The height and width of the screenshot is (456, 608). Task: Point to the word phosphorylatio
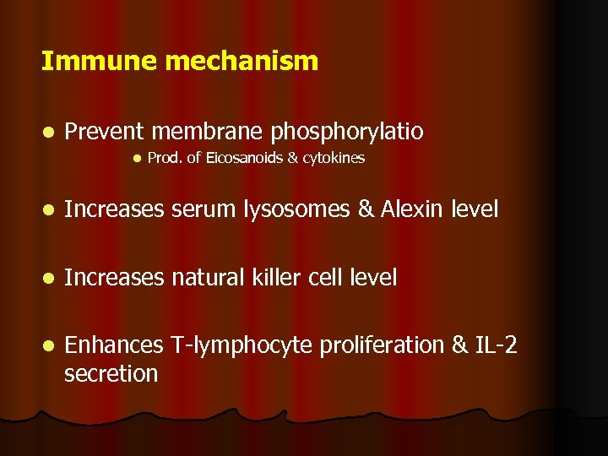point(347,133)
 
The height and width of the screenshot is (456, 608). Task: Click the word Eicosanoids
point(240,158)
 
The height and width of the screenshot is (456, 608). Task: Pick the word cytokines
point(334,159)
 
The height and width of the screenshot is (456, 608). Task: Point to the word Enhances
point(114,345)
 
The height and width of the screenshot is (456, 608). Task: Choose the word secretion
point(111,373)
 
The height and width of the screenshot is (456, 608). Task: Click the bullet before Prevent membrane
point(50,133)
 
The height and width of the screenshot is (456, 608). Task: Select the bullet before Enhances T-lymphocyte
point(50,346)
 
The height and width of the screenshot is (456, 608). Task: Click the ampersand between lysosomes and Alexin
point(366,209)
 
